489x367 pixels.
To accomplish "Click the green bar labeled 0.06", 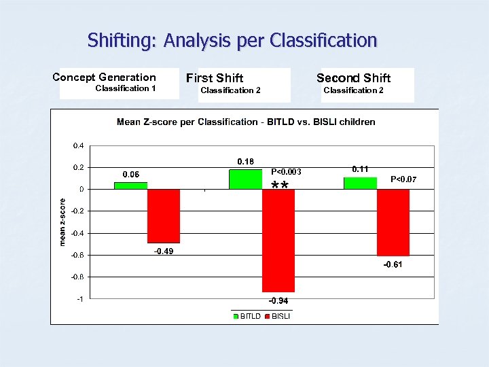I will [x=130, y=186].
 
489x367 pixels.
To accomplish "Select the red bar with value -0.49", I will [x=164, y=215].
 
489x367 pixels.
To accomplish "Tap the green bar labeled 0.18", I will [x=245, y=179].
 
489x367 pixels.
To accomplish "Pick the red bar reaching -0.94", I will [x=278, y=240].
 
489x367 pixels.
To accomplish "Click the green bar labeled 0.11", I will [x=360, y=183].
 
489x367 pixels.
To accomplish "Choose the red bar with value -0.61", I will [x=393, y=222].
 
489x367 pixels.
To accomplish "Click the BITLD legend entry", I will [x=247, y=316].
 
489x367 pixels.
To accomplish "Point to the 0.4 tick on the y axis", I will [x=79, y=145].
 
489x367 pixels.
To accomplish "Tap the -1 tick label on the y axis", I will [x=80, y=298].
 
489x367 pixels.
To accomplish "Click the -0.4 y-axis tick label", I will [x=77, y=233].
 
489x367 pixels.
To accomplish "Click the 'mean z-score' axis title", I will [x=62, y=222].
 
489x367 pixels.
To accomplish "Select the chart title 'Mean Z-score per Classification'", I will [x=246, y=122].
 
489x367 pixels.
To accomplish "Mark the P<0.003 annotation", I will [x=286, y=172].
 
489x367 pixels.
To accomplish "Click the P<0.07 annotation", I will [x=403, y=179].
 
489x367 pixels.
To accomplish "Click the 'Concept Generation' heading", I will [x=104, y=77].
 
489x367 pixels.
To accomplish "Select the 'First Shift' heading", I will [x=215, y=79].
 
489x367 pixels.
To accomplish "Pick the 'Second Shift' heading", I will [x=353, y=78].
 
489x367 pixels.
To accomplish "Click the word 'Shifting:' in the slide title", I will [x=122, y=41].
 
